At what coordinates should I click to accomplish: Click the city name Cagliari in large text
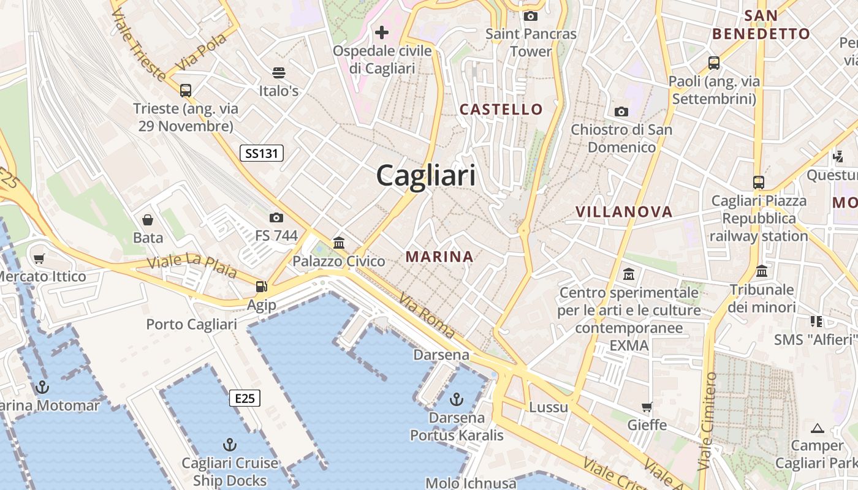tap(426, 176)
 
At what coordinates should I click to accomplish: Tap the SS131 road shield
tap(262, 153)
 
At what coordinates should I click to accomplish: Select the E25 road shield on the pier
tap(245, 398)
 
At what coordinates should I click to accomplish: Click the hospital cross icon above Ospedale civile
tap(382, 32)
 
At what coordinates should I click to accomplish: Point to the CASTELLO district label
tap(501, 110)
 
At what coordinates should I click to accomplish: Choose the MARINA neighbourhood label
tap(439, 257)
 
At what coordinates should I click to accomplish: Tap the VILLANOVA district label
tap(624, 212)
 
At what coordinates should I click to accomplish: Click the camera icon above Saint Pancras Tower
tap(531, 16)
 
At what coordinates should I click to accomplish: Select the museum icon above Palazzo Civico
tap(339, 243)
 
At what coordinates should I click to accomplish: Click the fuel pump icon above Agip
tap(262, 287)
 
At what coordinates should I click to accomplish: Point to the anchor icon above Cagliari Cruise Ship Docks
tap(230, 444)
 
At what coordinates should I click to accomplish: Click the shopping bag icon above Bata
tap(148, 219)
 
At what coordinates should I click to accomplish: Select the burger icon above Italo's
tap(279, 73)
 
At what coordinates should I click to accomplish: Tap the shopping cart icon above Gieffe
tap(647, 407)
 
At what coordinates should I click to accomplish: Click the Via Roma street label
tap(427, 316)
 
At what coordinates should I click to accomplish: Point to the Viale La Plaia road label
tap(192, 266)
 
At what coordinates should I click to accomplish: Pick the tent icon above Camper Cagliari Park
tap(817, 428)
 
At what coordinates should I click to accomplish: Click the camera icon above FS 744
tap(276, 217)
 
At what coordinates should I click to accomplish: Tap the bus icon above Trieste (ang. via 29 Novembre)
tap(186, 91)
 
